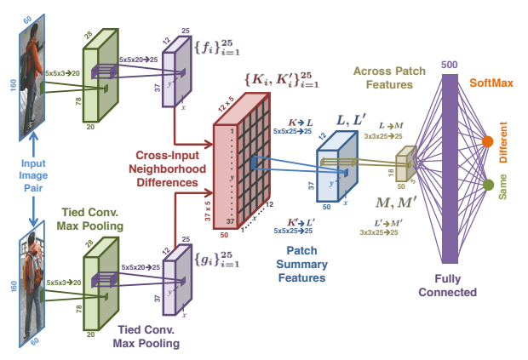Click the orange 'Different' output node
click(487, 141)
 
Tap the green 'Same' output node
click(488, 185)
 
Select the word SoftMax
click(491, 83)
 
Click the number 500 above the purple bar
click(449, 65)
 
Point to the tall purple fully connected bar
click(450, 169)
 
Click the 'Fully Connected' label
click(447, 285)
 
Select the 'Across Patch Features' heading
click(389, 77)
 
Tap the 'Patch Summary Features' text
click(301, 264)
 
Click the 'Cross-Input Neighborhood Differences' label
click(168, 169)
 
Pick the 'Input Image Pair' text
click(33, 175)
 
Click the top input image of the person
click(32, 77)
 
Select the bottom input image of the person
click(32, 283)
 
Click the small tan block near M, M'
click(406, 163)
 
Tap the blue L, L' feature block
click(337, 167)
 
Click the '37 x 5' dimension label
click(208, 211)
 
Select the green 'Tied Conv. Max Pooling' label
click(90, 219)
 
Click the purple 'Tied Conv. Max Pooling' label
click(146, 336)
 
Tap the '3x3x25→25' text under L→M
click(383, 136)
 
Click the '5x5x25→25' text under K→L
click(293, 131)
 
